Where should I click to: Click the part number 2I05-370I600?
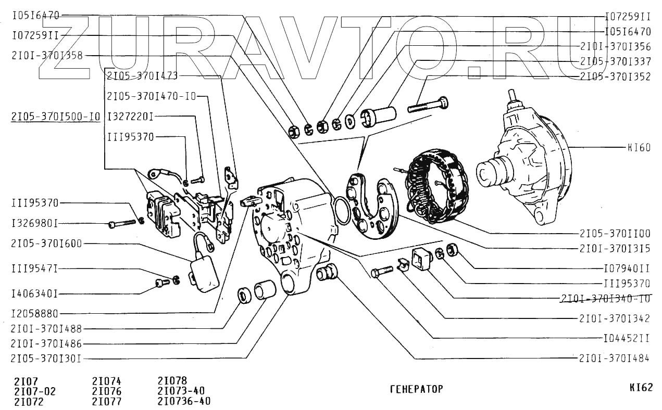pyautogui.click(x=46, y=244)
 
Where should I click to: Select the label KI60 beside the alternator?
pyautogui.click(x=639, y=148)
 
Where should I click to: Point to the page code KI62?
pyautogui.click(x=640, y=388)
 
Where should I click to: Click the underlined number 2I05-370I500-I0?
pyautogui.click(x=55, y=117)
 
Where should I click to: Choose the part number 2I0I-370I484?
pyautogui.click(x=615, y=358)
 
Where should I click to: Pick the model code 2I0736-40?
pyautogui.click(x=184, y=401)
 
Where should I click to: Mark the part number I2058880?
pyautogui.click(x=34, y=314)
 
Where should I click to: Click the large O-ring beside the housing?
pyautogui.click(x=341, y=210)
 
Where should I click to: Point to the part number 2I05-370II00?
pyautogui.click(x=615, y=234)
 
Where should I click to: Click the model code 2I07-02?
pyautogui.click(x=34, y=391)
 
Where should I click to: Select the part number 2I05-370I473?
pyautogui.click(x=142, y=76)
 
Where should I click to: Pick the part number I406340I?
pyautogui.click(x=34, y=294)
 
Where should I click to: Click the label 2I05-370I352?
pyautogui.click(x=615, y=76)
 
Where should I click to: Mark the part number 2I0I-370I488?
pyautogui.click(x=46, y=328)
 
